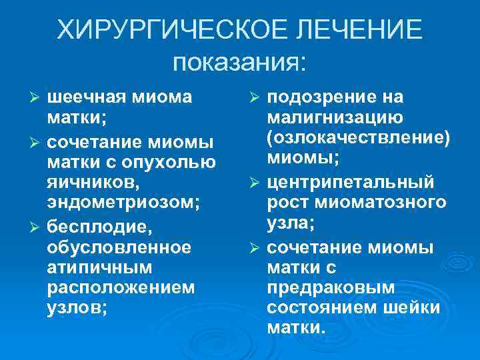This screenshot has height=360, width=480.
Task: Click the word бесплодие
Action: coord(100,227)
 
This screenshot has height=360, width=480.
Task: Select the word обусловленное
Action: coord(119,248)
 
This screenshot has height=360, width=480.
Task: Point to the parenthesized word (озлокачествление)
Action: coord(358,139)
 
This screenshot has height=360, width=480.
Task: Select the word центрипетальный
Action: coord(350,182)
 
